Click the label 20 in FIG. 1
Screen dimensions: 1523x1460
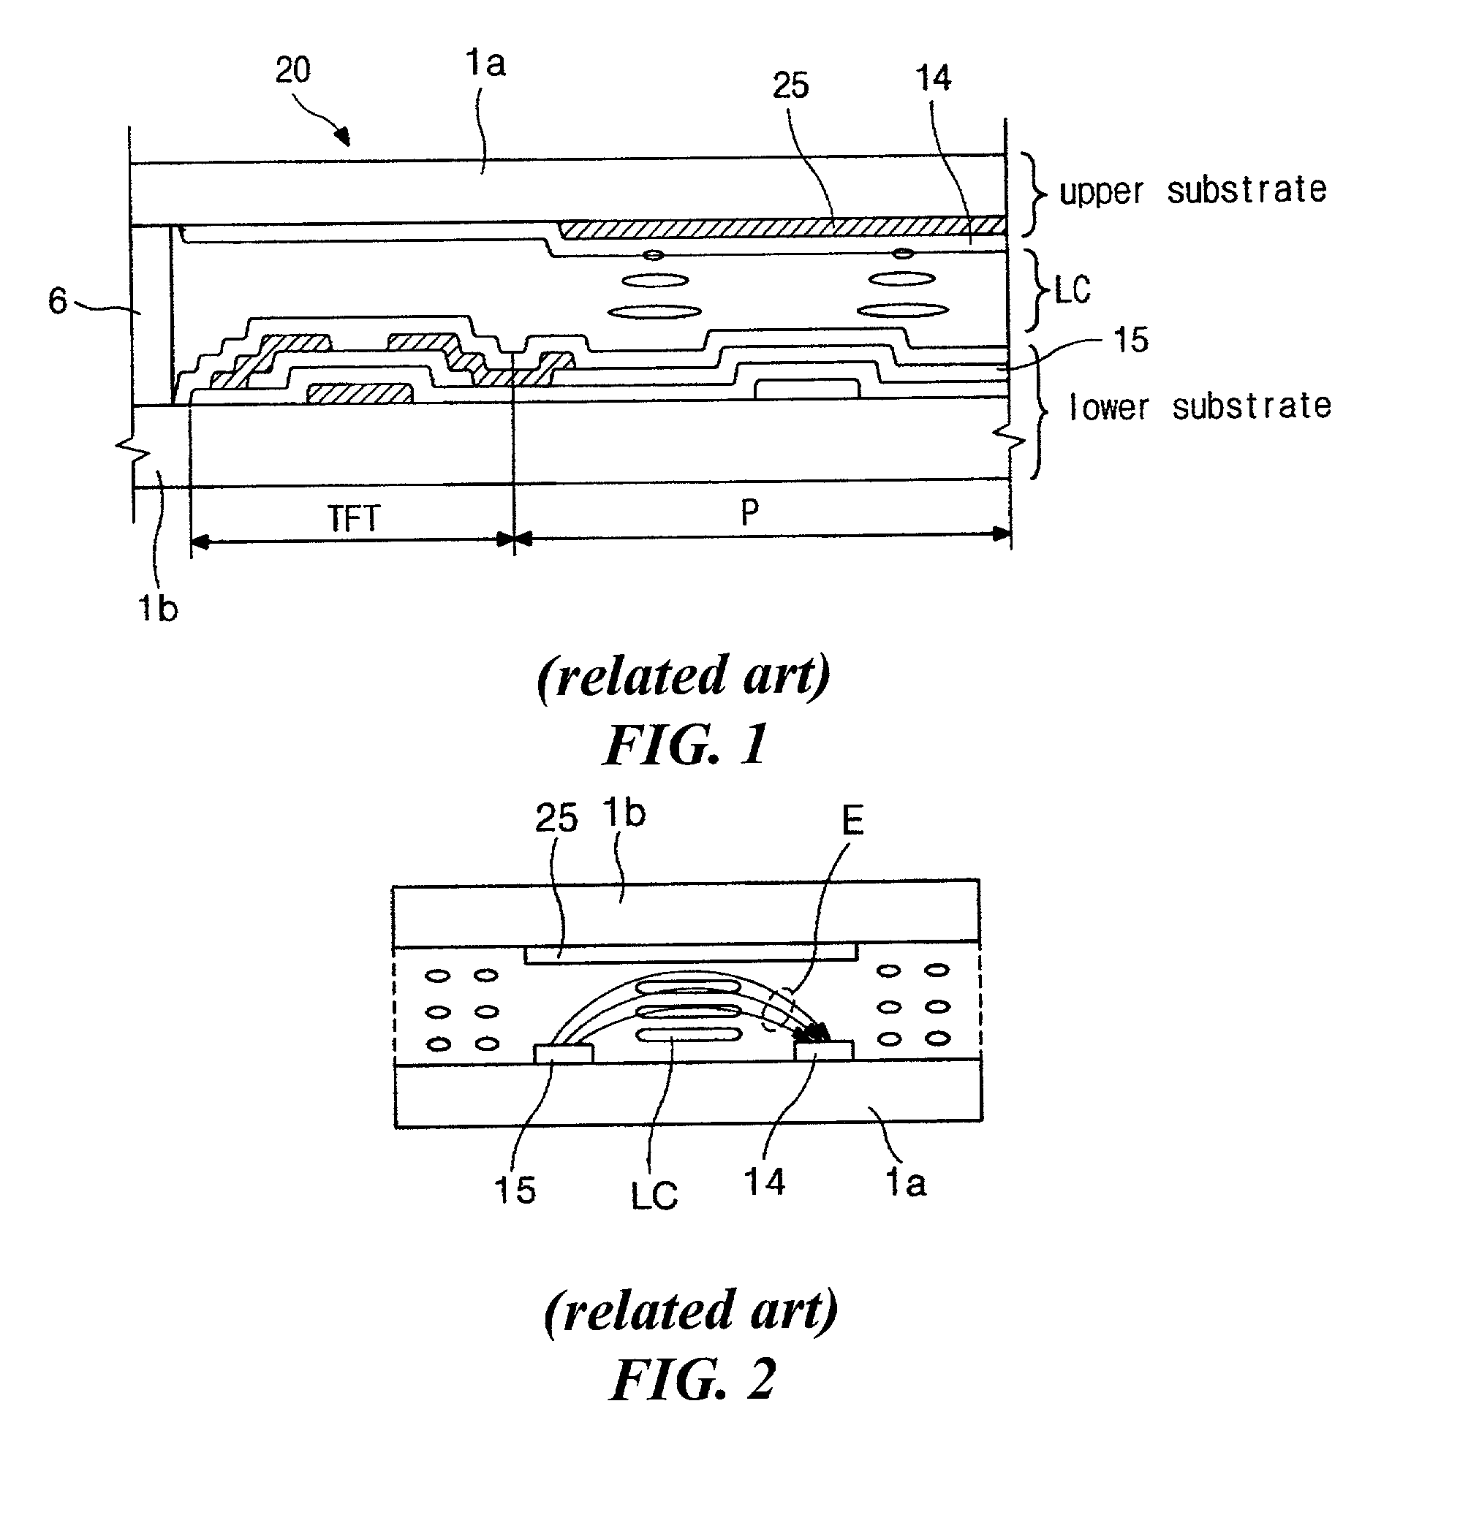coord(292,71)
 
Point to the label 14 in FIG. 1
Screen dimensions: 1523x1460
coord(932,79)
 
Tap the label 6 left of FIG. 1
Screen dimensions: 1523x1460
coord(58,300)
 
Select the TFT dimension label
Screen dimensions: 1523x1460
coord(354,519)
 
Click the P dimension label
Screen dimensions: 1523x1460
coord(749,513)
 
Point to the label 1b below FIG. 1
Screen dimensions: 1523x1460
coord(157,607)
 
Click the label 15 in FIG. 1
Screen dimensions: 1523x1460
coord(1130,341)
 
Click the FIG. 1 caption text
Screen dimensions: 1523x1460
coord(686,744)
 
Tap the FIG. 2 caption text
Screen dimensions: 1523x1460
coord(692,1379)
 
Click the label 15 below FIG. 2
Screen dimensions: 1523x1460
coord(515,1190)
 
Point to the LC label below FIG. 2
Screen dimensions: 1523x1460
coord(654,1196)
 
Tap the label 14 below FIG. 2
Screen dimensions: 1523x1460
coord(764,1182)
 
